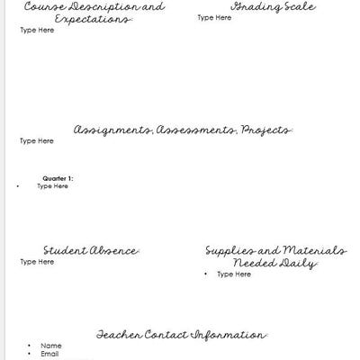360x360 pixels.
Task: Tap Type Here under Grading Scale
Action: pyautogui.click(x=213, y=17)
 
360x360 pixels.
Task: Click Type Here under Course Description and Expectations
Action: pyautogui.click(x=37, y=30)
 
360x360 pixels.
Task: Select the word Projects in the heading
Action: pyautogui.click(x=266, y=130)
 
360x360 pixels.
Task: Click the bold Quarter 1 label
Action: pyautogui.click(x=58, y=178)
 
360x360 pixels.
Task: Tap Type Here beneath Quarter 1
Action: pyautogui.click(x=52, y=186)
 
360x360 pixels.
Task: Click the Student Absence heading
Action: pyautogui.click(x=91, y=250)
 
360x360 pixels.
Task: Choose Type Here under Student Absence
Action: pyautogui.click(x=37, y=262)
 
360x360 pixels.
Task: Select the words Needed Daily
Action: pyautogui.click(x=275, y=264)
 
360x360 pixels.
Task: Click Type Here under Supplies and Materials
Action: pyautogui.click(x=233, y=274)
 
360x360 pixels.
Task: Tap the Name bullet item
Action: pyautogui.click(x=50, y=346)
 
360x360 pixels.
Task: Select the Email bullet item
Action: pyautogui.click(x=49, y=354)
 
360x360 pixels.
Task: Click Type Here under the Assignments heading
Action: pyautogui.click(x=37, y=141)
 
